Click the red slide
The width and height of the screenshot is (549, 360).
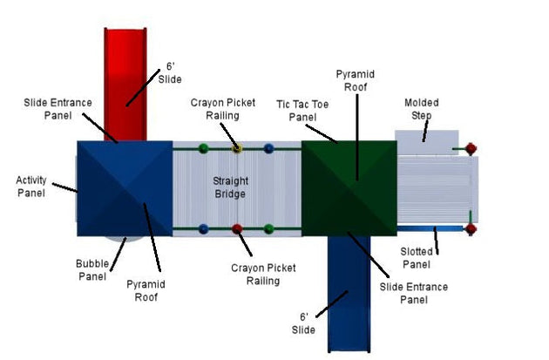pyautogui.click(x=125, y=85)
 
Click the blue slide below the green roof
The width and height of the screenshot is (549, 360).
pyautogui.click(x=349, y=294)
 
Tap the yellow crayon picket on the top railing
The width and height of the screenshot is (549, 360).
pyautogui.click(x=237, y=148)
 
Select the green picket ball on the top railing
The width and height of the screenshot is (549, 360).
pyautogui.click(x=203, y=148)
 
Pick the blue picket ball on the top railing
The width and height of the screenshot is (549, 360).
pyautogui.click(x=268, y=148)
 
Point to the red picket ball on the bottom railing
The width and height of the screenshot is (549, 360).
pyautogui.click(x=237, y=229)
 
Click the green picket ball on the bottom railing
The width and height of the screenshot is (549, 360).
pyautogui.click(x=268, y=229)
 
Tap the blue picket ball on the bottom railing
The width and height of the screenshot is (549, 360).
pyautogui.click(x=203, y=229)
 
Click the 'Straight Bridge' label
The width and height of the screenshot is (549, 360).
pyautogui.click(x=230, y=187)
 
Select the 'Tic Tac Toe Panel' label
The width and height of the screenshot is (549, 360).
pyautogui.click(x=302, y=111)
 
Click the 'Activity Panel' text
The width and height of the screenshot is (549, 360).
pyautogui.click(x=31, y=187)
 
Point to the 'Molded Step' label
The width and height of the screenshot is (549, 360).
pyautogui.click(x=422, y=109)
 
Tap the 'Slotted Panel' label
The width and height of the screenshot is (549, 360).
pyautogui.click(x=417, y=258)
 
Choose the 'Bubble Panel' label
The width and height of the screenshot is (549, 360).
pyautogui.click(x=92, y=269)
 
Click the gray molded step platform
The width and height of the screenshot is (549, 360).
pyautogui.click(x=427, y=143)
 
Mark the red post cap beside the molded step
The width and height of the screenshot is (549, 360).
pyautogui.click(x=471, y=149)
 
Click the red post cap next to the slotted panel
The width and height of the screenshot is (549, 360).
pyautogui.click(x=471, y=229)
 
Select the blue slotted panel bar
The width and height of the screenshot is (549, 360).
pyautogui.click(x=431, y=228)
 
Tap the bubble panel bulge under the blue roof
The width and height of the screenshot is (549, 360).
pyautogui.click(x=125, y=239)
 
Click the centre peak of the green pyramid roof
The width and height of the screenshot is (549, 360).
pyautogui.click(x=349, y=188)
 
